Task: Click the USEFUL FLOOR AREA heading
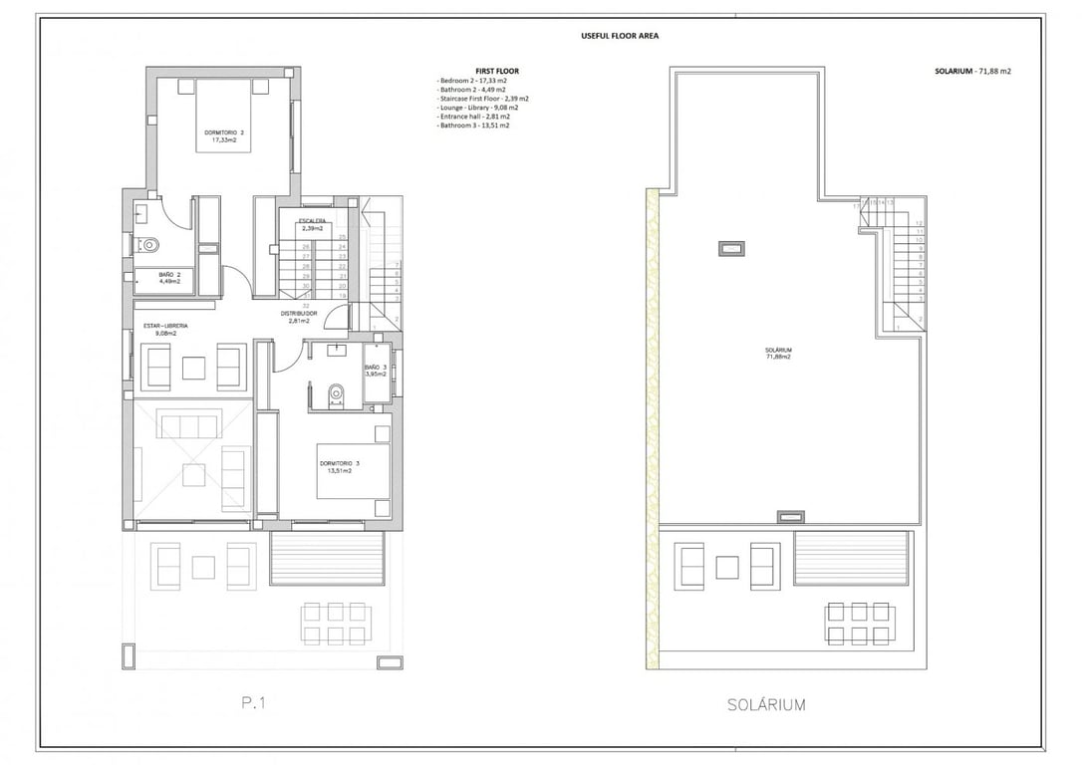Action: click(620, 36)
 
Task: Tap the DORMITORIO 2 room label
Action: click(223, 135)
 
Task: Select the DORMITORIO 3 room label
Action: click(339, 467)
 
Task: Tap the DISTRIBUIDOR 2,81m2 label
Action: click(299, 317)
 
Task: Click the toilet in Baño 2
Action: click(151, 243)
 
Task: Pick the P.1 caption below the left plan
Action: click(253, 704)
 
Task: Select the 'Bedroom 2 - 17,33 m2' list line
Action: click(474, 81)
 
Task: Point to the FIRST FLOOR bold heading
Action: click(497, 71)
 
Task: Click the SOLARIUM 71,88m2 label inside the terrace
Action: click(778, 353)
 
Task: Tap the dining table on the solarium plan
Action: click(859, 624)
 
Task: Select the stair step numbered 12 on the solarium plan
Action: click(919, 223)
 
